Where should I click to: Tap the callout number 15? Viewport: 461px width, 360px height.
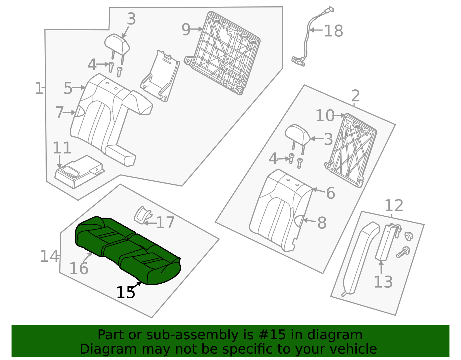(125, 293)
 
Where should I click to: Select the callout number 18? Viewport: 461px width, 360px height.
(333, 31)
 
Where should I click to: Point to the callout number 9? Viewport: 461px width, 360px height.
(186, 29)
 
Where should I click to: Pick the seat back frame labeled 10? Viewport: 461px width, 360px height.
(352, 150)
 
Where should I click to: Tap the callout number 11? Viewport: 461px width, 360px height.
(62, 148)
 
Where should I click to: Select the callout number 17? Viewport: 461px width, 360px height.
(165, 223)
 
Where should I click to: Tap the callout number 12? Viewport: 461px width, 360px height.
(394, 206)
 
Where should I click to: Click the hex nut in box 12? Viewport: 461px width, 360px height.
(409, 236)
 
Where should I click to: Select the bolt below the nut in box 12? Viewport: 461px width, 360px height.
(403, 252)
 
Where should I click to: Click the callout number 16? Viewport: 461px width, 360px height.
(79, 269)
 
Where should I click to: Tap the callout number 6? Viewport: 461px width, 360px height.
(330, 193)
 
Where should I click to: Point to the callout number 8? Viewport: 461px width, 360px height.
(322, 223)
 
